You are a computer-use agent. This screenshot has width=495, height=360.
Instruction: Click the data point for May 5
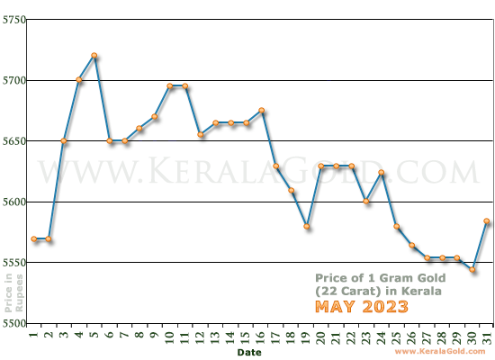pos(94,56)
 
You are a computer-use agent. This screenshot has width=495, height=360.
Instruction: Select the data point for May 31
pos(487,220)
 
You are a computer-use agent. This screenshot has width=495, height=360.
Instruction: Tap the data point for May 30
pos(472,270)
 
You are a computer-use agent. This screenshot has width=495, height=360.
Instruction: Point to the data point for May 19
pos(307,227)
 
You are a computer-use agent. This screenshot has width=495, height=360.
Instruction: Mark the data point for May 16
pos(261,111)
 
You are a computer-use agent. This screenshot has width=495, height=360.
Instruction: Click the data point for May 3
pos(64,141)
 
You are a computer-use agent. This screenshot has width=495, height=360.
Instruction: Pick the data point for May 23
pos(366,202)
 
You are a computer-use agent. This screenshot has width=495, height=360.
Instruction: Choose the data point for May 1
pos(33,238)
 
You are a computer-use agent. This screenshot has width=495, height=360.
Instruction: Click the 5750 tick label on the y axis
pos(13,20)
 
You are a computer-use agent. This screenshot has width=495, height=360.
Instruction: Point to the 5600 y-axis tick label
pos(13,202)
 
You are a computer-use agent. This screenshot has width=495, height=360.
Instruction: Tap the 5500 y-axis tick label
pos(13,322)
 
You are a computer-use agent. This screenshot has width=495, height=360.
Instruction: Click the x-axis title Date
pos(249,353)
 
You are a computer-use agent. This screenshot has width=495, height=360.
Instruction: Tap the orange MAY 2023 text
pos(361,307)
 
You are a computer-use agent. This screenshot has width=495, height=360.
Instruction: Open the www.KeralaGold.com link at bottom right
pos(444,352)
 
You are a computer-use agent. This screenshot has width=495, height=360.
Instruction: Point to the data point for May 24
pos(382,172)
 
